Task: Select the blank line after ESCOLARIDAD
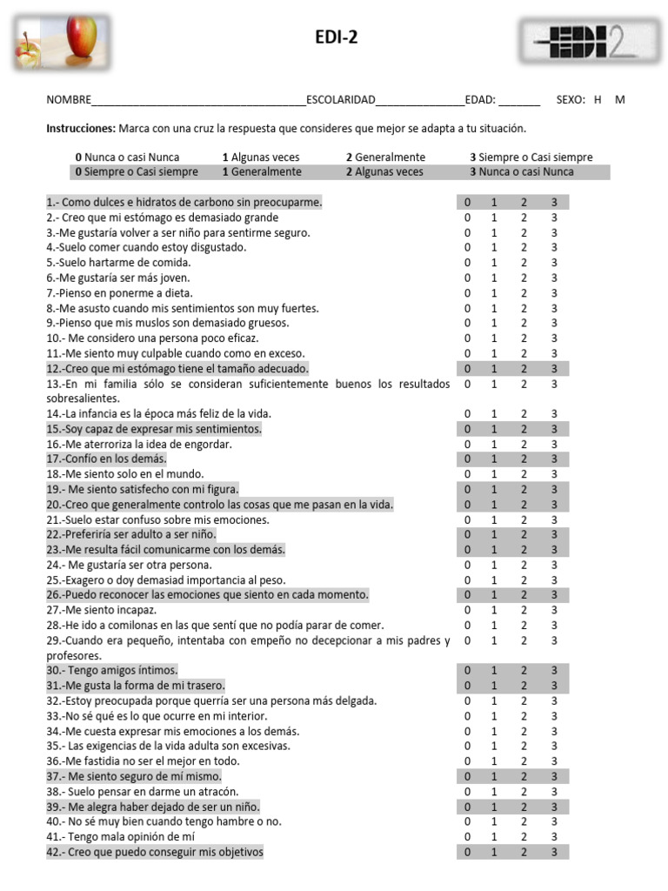pos(421,100)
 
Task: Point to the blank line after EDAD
pos(519,100)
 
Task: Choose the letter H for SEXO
pos(598,100)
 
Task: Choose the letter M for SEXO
pos(619,100)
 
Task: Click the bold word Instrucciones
pos(80,128)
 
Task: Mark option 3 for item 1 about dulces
pos(553,203)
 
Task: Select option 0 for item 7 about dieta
pos(467,293)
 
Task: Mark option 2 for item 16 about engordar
pos(524,445)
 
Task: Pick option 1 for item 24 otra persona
pos(494,566)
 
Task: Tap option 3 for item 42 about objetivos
pos(553,853)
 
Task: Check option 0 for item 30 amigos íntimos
pos(467,671)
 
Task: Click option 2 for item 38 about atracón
pos(524,792)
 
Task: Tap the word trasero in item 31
pos(205,686)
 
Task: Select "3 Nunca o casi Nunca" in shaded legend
pos(522,172)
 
